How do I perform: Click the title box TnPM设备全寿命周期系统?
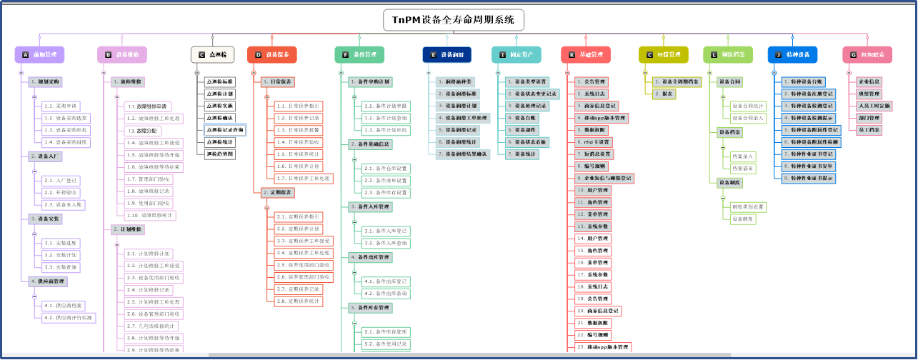[x=454, y=21]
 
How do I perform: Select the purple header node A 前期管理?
[x=40, y=54]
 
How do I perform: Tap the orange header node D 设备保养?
[x=271, y=54]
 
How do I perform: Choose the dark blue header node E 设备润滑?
[x=446, y=54]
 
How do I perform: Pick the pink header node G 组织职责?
[x=867, y=54]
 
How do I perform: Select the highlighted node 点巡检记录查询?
[x=224, y=130]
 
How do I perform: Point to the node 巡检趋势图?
[x=219, y=154]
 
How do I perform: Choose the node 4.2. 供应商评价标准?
[x=69, y=318]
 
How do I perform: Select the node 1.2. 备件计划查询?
[x=386, y=118]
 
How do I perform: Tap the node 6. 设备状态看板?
[x=528, y=142]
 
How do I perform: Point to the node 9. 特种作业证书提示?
[x=810, y=178]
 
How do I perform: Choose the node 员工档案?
[x=869, y=130]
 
